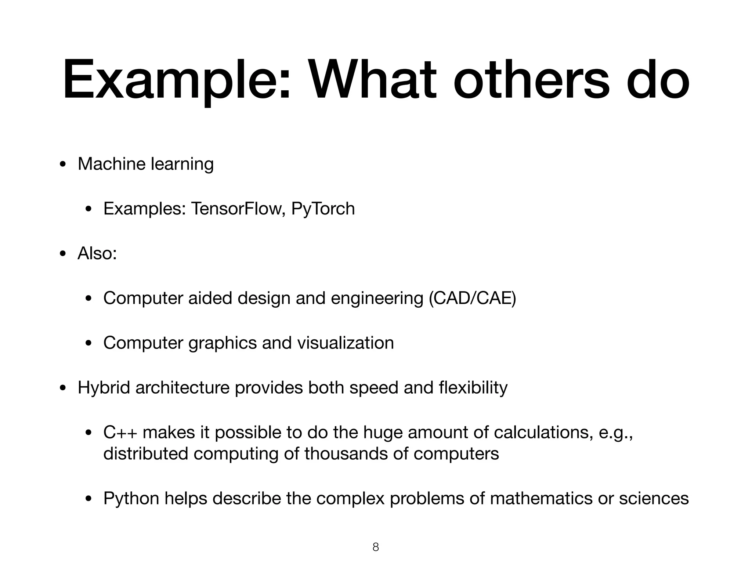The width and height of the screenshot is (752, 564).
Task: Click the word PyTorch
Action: pyautogui.click(x=323, y=209)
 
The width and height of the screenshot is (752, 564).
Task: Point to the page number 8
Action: pyautogui.click(x=376, y=547)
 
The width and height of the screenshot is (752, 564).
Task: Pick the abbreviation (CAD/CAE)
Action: pyautogui.click(x=472, y=298)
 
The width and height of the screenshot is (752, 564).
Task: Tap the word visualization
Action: pyautogui.click(x=345, y=343)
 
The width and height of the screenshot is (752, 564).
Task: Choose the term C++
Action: pyautogui.click(x=120, y=433)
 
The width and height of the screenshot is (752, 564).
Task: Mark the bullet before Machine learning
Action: pyautogui.click(x=63, y=164)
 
